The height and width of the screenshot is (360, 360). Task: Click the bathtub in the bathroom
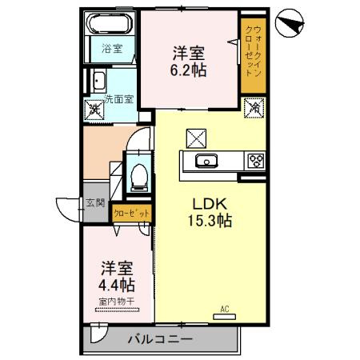coord(110,23)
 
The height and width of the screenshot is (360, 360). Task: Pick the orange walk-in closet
coord(254,55)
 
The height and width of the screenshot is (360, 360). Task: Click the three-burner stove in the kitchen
coord(256,161)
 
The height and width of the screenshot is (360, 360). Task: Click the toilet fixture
coord(138,174)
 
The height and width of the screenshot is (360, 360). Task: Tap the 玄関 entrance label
coord(95,203)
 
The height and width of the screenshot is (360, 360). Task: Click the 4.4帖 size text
coord(117,284)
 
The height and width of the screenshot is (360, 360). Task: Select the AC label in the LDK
coord(225,306)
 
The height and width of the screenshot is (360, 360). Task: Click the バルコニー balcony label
coord(161,339)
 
